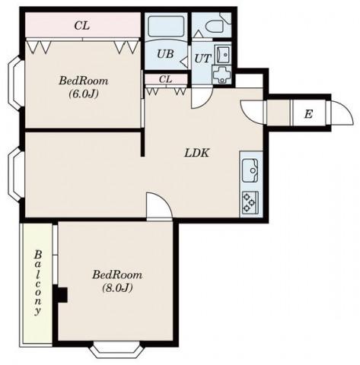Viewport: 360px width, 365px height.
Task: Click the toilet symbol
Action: point(215,25)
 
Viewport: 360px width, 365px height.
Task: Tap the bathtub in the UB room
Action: point(166,27)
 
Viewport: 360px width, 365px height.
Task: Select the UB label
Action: point(165,54)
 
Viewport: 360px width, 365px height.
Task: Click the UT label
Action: point(202,59)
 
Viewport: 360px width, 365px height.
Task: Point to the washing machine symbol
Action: point(222,75)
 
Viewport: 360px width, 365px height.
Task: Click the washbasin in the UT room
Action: point(223,54)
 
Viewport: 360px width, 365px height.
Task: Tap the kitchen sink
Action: point(250,170)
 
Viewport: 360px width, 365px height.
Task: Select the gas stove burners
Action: point(250,202)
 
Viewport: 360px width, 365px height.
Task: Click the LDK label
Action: point(197,153)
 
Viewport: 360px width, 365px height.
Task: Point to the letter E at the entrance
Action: point(308,114)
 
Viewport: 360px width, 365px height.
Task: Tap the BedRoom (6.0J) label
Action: point(84,87)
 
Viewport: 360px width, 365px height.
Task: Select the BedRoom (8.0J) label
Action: point(117,281)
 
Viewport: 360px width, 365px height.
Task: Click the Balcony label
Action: point(38,283)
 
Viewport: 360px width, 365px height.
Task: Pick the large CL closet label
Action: point(82,26)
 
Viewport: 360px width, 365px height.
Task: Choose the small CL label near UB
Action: point(165,79)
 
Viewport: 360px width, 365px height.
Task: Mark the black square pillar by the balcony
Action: point(60,294)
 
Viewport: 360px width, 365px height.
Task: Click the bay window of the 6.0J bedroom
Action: point(15,83)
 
